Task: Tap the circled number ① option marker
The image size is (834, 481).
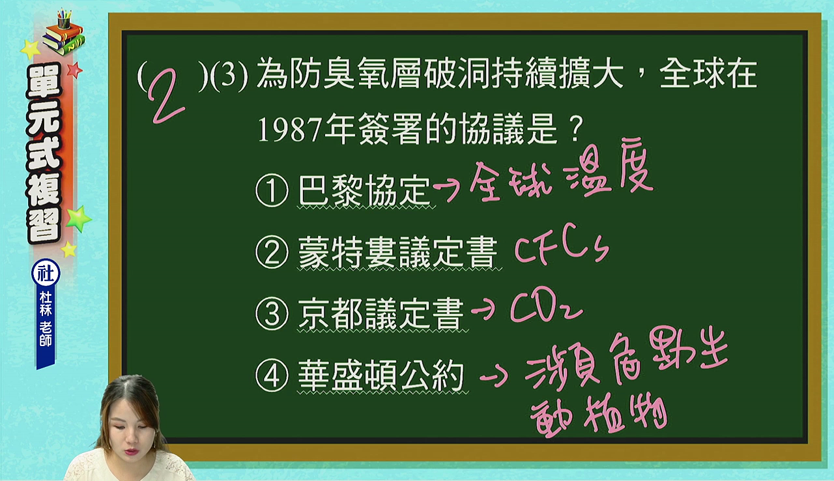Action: click(x=272, y=191)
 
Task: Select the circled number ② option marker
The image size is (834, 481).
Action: click(x=272, y=252)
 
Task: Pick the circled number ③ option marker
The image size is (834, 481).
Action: click(x=272, y=314)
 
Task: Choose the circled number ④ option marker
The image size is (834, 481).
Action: click(x=272, y=375)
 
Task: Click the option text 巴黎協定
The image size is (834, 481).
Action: click(x=364, y=191)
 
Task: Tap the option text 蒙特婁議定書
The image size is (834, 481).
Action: click(x=397, y=252)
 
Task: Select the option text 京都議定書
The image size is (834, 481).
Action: click(x=381, y=314)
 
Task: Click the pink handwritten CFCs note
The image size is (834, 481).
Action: click(x=562, y=246)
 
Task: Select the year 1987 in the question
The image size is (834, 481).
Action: click(x=289, y=130)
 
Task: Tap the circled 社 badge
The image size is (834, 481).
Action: click(x=46, y=273)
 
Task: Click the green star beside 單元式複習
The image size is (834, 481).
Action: click(x=78, y=219)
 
